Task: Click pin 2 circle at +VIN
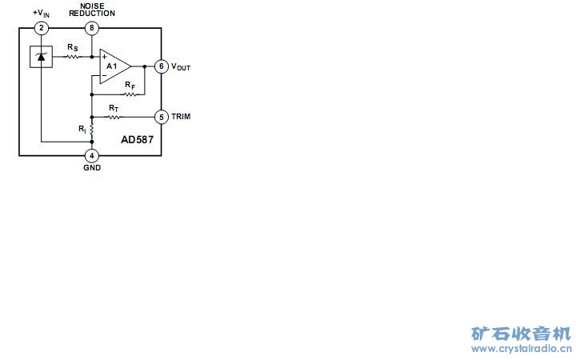pos(42,28)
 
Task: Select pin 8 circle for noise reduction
pos(92,28)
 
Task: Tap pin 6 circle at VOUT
pos(161,66)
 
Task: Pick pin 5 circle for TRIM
pos(161,117)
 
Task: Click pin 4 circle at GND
pos(92,155)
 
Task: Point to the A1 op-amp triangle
pos(114,66)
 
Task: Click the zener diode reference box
pos(41,57)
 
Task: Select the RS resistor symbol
pos(73,57)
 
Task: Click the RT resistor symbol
pos(114,117)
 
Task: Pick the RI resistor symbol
pos(92,129)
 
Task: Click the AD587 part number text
pos(137,139)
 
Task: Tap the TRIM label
pos(181,117)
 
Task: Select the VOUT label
pos(181,67)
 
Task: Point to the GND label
pos(92,168)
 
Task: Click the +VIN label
pos(41,14)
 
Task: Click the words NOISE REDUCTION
pos(92,10)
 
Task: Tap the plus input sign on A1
pos(104,57)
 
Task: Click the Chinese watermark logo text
pos(521,334)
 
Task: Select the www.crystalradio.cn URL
pos(521,350)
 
